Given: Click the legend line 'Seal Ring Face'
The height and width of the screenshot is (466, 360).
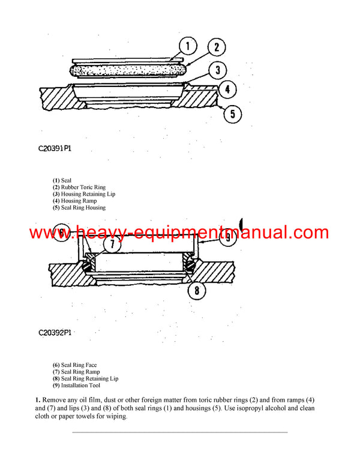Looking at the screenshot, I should click(75, 365).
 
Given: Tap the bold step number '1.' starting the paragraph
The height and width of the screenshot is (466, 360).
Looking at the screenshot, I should click(37, 399).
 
